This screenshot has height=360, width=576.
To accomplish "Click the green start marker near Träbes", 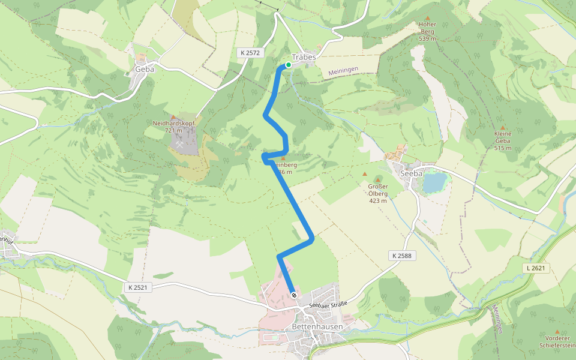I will pos(289,65).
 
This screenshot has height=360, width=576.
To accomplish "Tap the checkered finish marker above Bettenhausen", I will pos(294,295).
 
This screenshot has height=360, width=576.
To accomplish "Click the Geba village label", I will pos(145,69).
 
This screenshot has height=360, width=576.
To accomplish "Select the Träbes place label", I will pos(304,56).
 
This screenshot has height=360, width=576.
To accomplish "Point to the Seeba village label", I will pos(412,173).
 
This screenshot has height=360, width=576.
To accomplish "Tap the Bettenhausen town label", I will pos(317,327).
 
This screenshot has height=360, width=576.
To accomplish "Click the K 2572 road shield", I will pos(248,53).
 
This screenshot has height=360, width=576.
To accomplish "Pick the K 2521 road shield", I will pos(137,287).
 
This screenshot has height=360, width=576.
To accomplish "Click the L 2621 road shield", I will pos(536,268).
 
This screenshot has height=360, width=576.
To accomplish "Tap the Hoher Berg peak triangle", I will pos(427,17).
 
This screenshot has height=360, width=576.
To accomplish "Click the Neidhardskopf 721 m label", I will pos(174,127).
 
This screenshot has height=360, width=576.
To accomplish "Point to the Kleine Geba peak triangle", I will pos(503,127).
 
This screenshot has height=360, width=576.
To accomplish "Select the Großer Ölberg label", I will pos(377,193).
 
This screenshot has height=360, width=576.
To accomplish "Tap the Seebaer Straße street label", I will pos(328,304).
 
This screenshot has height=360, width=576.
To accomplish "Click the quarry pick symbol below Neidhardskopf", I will pos(179,144).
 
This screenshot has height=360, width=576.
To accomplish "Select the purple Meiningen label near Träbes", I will pos(343,71).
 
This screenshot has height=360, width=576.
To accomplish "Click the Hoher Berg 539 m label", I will pos(427,31).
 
